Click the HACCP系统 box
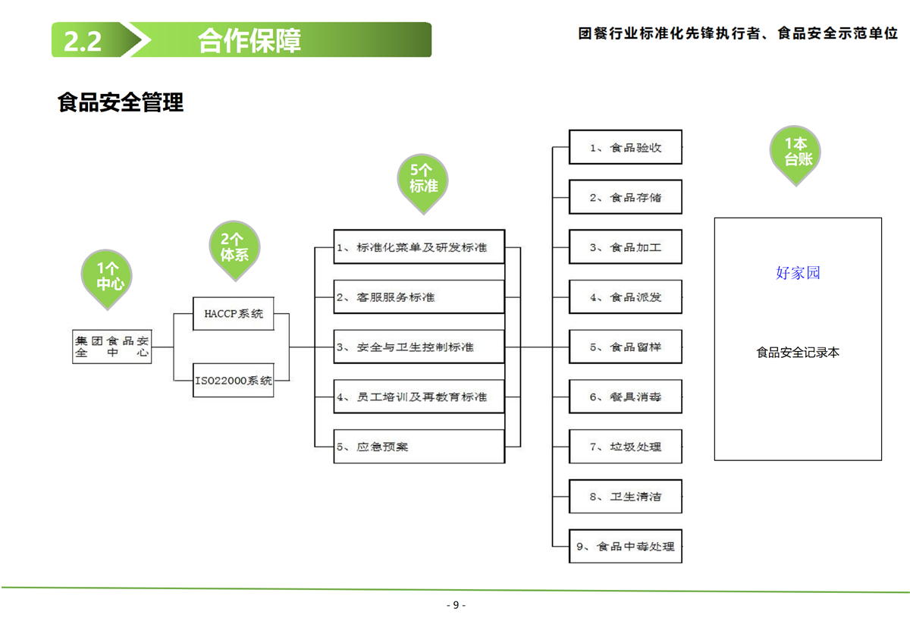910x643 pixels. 234,314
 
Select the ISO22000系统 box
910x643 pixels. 234,381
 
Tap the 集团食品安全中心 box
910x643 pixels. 112,347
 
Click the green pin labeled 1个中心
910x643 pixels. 108,278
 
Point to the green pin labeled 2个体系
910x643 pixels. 234,247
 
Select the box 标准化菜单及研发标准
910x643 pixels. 419,247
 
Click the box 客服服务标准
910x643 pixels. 419,297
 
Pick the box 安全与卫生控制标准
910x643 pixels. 419,347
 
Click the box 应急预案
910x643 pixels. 419,447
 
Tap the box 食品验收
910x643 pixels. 626,148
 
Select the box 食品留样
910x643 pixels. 626,347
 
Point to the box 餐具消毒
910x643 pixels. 626,397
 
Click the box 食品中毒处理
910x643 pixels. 626,546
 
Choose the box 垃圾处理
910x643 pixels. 626,447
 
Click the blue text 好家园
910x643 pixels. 798,273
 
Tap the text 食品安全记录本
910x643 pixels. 798,353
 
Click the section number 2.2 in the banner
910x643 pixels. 83,41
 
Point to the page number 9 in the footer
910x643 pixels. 455,605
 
